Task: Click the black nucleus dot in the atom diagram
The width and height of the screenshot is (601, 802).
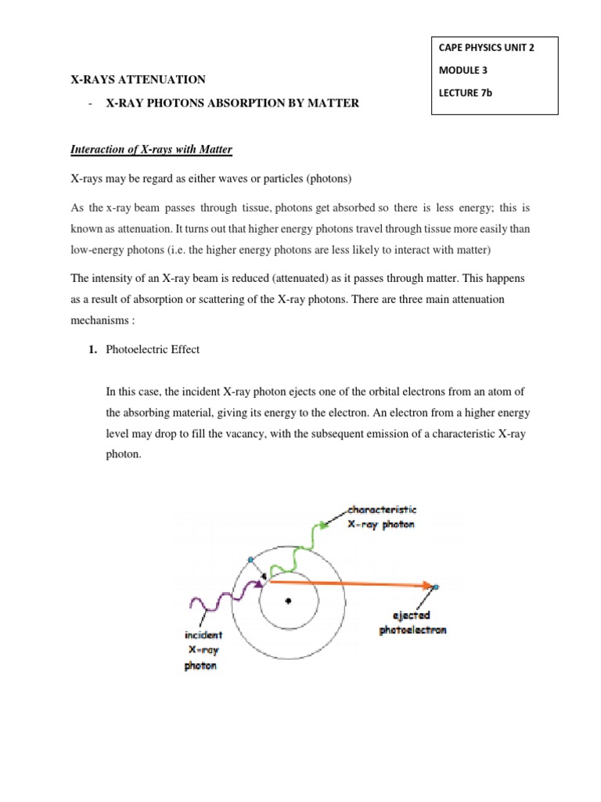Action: [289, 601]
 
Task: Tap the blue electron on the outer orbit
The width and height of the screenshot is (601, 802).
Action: [250, 559]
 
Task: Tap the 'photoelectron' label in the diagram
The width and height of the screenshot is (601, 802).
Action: [412, 630]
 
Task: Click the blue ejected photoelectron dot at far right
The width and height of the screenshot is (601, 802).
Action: [437, 586]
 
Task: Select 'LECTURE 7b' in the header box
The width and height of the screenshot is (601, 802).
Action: [470, 93]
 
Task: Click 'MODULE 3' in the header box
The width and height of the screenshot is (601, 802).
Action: [464, 70]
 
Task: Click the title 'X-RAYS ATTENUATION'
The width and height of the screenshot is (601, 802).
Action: [139, 79]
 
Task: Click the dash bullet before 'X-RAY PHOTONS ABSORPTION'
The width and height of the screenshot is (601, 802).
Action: [92, 103]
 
